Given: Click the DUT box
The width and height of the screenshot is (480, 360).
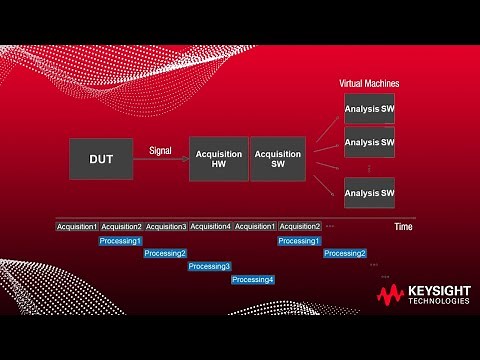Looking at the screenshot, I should pos(101,159).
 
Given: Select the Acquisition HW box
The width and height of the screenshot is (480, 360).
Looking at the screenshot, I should pos(218,159).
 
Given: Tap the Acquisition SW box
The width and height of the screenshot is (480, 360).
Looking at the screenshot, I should pos(278,159).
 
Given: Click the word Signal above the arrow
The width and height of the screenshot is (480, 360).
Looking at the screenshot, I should pos(160,150).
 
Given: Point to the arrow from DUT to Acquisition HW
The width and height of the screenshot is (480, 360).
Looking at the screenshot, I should pos(160,160).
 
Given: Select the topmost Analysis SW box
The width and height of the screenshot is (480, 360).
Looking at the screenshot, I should pos(369,109).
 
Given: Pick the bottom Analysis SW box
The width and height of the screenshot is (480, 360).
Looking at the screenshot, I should pos(369,192).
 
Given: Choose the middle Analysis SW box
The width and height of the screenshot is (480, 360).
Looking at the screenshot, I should pos(369,142).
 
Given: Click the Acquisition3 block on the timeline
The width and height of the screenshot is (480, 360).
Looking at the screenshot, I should pos(166,226).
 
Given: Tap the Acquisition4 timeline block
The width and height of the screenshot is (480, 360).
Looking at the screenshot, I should pos(210,226).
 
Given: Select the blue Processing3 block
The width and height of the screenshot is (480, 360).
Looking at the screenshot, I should pos(210,266).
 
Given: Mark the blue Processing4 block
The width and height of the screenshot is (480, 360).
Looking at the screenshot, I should pos(253,279).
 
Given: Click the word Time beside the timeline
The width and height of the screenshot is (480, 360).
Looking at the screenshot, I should pos(403,227).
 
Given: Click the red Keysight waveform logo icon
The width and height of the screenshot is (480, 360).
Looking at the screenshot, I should pos(389,295).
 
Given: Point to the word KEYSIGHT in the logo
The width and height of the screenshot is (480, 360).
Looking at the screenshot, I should pos(437,291).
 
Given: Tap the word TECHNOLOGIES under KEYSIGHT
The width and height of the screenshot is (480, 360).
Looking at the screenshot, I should pos(437,302).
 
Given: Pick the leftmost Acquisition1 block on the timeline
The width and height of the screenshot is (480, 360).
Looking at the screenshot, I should pos(77,226).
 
